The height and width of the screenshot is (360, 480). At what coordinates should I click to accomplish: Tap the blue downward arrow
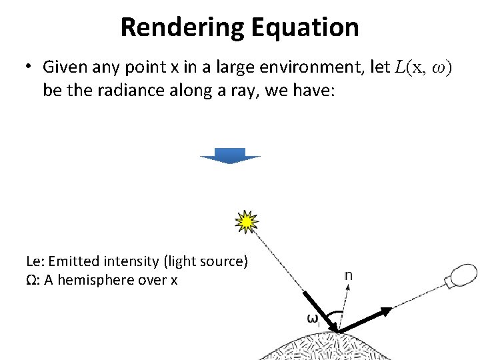pos(231,156)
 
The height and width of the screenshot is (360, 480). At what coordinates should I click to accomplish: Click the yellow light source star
pos(247,222)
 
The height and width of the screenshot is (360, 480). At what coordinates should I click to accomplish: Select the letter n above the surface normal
pos(349,275)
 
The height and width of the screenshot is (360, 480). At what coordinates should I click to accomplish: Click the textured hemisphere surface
pos(320,347)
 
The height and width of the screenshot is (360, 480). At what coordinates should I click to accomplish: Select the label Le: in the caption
pos(35,261)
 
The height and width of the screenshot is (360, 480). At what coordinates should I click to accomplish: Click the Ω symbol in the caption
pos(31,280)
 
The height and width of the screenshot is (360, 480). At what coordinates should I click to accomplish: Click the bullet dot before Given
pos(29,67)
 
